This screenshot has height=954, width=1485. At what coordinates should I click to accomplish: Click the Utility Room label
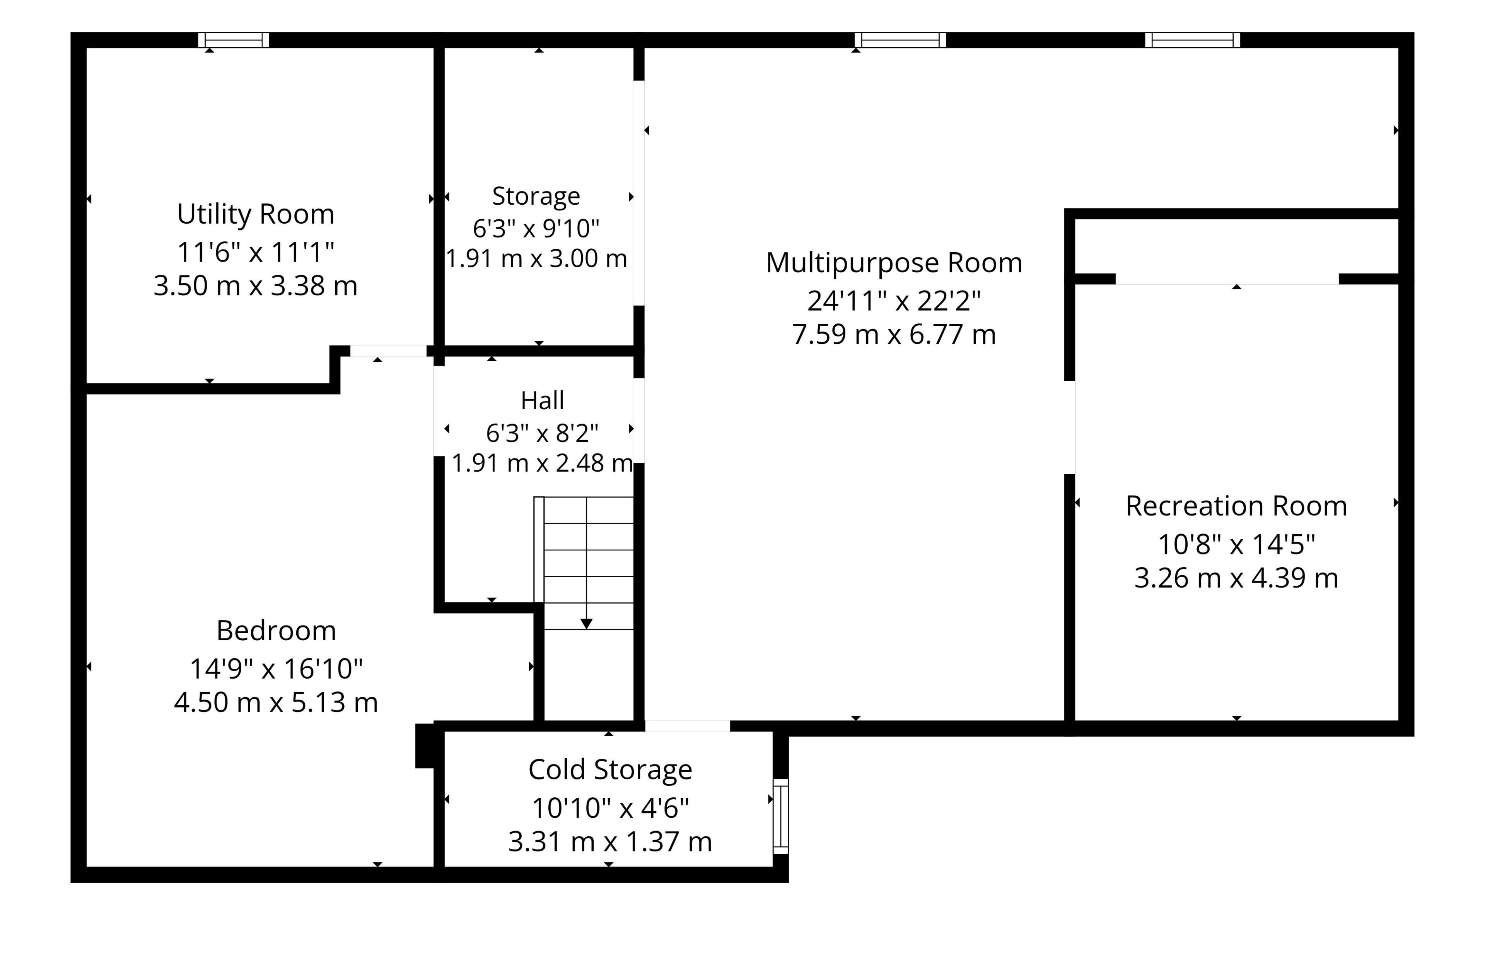[256, 214]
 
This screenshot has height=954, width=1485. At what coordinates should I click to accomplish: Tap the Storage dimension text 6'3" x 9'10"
[536, 229]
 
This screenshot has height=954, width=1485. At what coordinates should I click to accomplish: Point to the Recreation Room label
[1236, 506]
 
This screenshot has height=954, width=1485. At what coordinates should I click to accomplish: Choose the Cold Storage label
[610, 770]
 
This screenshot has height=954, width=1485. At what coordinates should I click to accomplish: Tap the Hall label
[543, 401]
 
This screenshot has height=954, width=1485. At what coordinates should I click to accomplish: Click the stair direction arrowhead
[586, 624]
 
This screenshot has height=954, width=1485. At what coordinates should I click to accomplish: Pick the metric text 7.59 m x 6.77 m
[894, 335]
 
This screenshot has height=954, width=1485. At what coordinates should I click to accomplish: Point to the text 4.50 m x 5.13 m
[276, 703]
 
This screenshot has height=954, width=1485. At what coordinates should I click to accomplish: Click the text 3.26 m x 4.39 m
[1236, 578]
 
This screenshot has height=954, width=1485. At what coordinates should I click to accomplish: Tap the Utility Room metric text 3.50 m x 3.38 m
[256, 286]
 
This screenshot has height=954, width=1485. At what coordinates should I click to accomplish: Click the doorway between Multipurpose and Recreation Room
[1070, 427]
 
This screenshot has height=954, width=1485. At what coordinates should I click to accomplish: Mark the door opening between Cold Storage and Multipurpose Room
[687, 726]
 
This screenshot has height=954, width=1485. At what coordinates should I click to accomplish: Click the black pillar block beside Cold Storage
[425, 746]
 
